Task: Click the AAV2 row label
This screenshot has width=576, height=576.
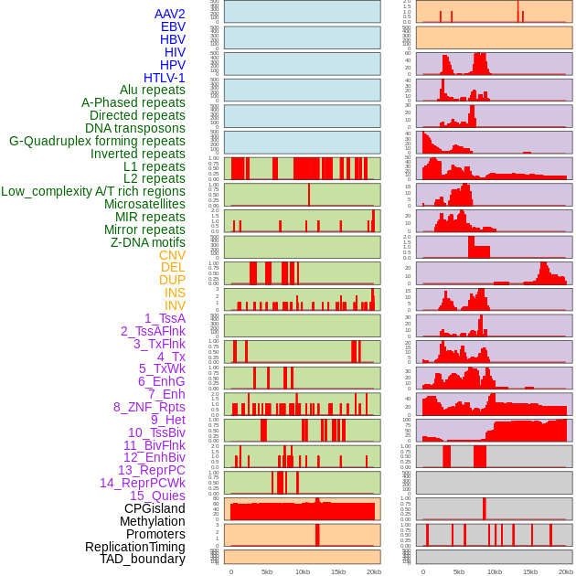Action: (x=169, y=14)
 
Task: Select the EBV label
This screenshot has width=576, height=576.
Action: (x=173, y=27)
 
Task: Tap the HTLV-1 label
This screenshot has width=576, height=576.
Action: (x=164, y=78)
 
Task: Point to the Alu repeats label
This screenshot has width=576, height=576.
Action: (x=152, y=90)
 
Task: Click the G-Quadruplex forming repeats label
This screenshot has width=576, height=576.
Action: (x=97, y=141)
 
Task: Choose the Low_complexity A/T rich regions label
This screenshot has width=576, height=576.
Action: (x=93, y=191)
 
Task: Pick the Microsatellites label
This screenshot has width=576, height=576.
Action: (x=144, y=204)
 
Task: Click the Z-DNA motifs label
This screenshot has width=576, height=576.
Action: (x=147, y=242)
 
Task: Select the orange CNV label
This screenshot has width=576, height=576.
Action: (x=172, y=255)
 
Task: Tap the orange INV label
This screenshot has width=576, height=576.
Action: (x=175, y=305)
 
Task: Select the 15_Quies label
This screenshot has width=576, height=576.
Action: (x=157, y=496)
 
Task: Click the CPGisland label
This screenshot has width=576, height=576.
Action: (x=155, y=508)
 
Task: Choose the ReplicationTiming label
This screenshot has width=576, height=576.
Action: (x=134, y=547)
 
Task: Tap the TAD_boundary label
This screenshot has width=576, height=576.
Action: (x=142, y=559)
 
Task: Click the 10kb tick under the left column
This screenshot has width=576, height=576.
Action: (x=302, y=571)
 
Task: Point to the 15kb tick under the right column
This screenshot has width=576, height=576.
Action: (x=530, y=571)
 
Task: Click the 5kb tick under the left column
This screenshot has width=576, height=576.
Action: (x=266, y=571)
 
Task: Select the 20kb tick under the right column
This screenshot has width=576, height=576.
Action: (x=566, y=571)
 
